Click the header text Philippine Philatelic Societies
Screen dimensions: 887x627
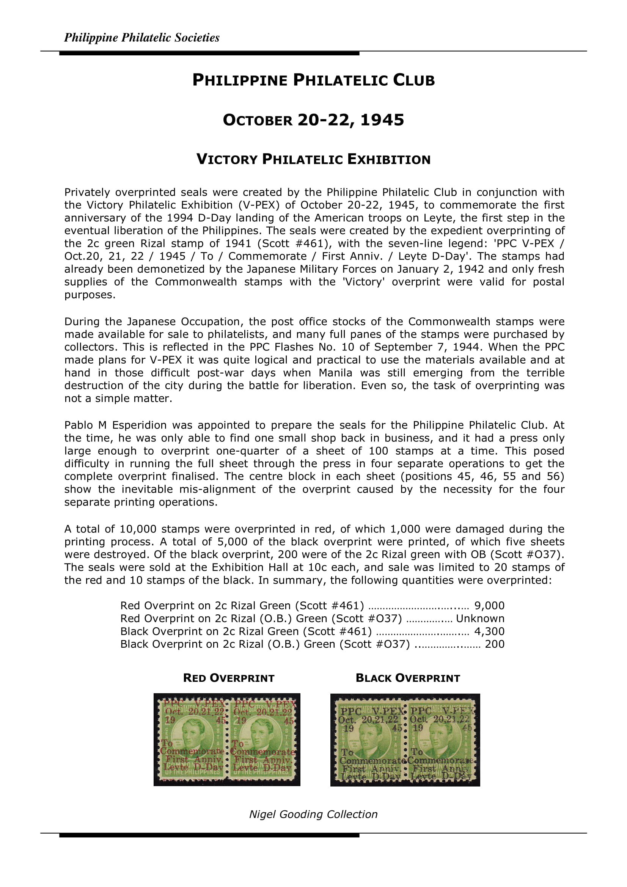pyautogui.click(x=141, y=38)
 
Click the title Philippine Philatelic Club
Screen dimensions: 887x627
pyautogui.click(x=313, y=80)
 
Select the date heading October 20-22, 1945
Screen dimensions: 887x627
pyautogui.click(x=313, y=120)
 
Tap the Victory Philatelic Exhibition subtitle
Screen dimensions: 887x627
pyautogui.click(x=313, y=159)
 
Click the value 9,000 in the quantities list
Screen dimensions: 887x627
pyautogui.click(x=489, y=605)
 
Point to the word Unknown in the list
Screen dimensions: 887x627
pyautogui.click(x=480, y=618)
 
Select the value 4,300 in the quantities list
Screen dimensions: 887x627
pyautogui.click(x=489, y=631)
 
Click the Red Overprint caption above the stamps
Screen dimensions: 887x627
pyautogui.click(x=229, y=678)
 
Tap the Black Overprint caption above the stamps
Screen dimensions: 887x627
pyautogui.click(x=408, y=678)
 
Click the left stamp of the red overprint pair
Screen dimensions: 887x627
pyautogui.click(x=192, y=739)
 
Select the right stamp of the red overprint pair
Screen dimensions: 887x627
pyautogui.click(x=263, y=739)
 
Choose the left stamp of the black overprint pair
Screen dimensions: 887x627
pyautogui.click(x=370, y=740)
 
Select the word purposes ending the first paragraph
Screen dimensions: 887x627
pyautogui.click(x=90, y=295)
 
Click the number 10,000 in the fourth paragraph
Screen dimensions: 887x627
pyautogui.click(x=138, y=529)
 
